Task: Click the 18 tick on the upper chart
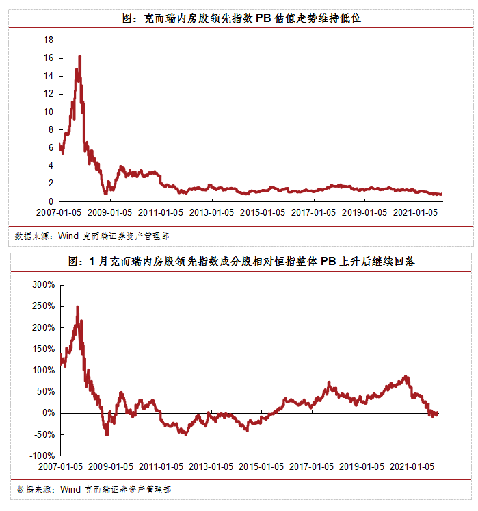(x=49, y=40)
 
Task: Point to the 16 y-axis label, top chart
(x=49, y=58)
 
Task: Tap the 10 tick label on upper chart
(x=49, y=112)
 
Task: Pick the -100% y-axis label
(x=41, y=456)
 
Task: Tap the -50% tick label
(x=43, y=434)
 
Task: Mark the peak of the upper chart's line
(x=80, y=57)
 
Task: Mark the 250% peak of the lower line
(x=77, y=307)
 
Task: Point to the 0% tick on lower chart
(x=48, y=413)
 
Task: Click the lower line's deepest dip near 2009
(x=106, y=434)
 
